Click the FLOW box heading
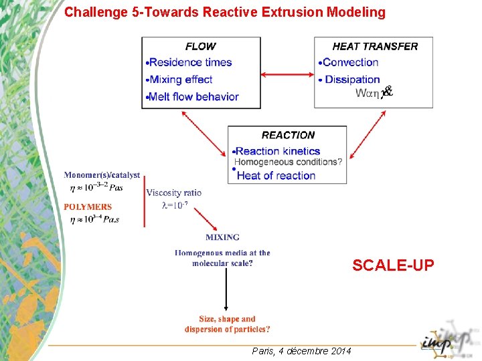click(200, 46)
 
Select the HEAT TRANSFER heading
click(375, 46)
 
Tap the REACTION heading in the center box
click(288, 135)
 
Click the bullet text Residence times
click(190, 62)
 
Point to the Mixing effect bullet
click(181, 80)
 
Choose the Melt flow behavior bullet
click(193, 96)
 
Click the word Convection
click(350, 62)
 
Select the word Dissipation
click(352, 80)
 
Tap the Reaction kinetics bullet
click(278, 151)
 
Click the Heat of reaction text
click(276, 175)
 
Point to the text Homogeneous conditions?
click(289, 162)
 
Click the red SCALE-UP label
click(393, 265)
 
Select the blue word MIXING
click(222, 237)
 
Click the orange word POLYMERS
click(88, 207)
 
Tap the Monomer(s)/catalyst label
click(102, 175)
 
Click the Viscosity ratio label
click(173, 193)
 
